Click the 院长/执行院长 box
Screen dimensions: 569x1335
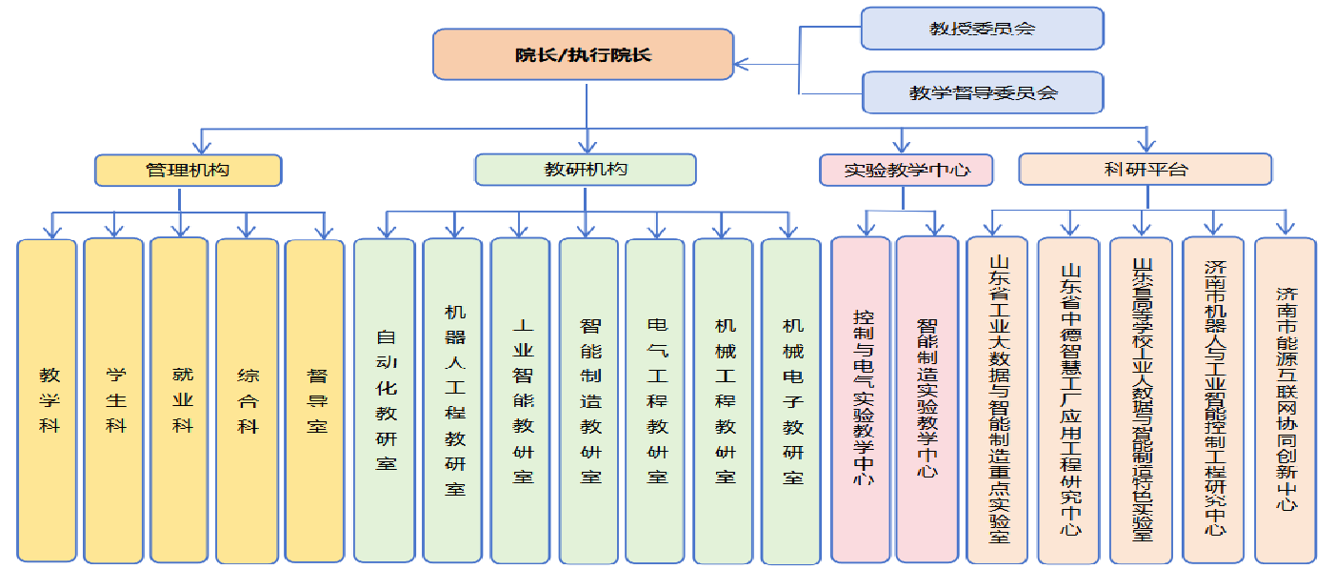(584, 54)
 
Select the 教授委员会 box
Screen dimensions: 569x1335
(982, 29)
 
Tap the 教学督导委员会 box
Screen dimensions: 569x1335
(982, 92)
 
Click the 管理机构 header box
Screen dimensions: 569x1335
(188, 170)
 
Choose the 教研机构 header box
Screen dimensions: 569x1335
(585, 170)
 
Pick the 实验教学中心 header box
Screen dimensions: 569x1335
(906, 170)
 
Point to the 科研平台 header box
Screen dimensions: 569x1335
(1145, 170)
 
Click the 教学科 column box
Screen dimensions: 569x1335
(48, 400)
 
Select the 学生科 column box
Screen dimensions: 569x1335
(113, 400)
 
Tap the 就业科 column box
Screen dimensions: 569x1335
(179, 400)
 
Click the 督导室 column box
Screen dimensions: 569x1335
(314, 400)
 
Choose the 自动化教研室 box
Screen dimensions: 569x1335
(385, 400)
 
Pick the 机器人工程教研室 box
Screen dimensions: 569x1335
(452, 400)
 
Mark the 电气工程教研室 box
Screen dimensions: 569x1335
(655, 400)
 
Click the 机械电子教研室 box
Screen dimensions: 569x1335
(790, 400)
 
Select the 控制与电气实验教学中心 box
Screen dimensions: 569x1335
(863, 400)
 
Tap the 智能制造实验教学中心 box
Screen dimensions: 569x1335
(927, 400)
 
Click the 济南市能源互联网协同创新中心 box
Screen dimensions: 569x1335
(1285, 400)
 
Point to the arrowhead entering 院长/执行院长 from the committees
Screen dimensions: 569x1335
(741, 66)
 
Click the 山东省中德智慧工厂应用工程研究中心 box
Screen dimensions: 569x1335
(1070, 400)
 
